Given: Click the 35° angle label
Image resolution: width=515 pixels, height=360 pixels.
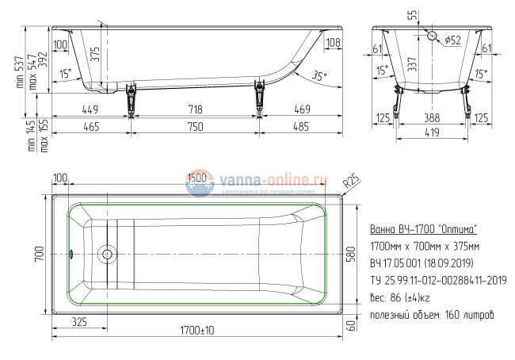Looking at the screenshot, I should coord(318,77).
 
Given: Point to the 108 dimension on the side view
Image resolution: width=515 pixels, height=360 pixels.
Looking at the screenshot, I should coord(333,43).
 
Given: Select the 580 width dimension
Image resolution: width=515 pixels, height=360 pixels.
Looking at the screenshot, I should coord(364,256).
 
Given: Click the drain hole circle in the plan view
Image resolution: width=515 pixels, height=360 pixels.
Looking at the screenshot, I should coord(105,255).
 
